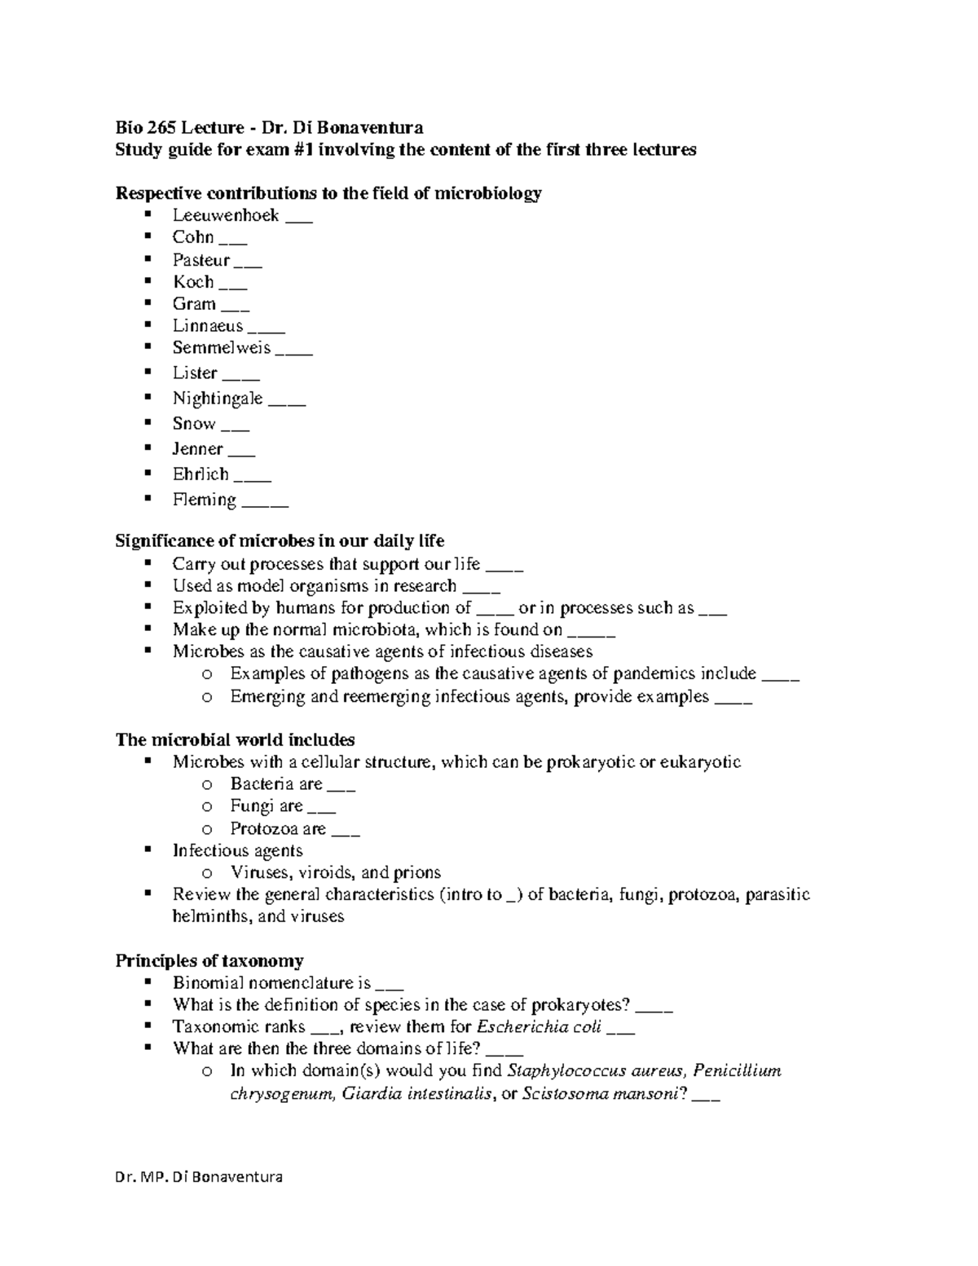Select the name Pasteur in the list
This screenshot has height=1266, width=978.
(201, 260)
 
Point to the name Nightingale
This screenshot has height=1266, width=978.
(218, 398)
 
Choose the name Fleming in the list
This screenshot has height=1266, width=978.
(204, 499)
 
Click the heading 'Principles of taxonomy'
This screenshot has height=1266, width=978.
(209, 960)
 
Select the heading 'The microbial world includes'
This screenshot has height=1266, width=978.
(235, 739)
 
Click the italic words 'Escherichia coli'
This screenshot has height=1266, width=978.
(539, 1026)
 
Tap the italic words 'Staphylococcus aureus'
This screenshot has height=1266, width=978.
(596, 1070)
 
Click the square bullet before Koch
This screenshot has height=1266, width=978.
(148, 281)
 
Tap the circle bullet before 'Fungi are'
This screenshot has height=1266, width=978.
(207, 806)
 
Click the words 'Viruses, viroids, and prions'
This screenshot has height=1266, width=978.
(335, 872)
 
